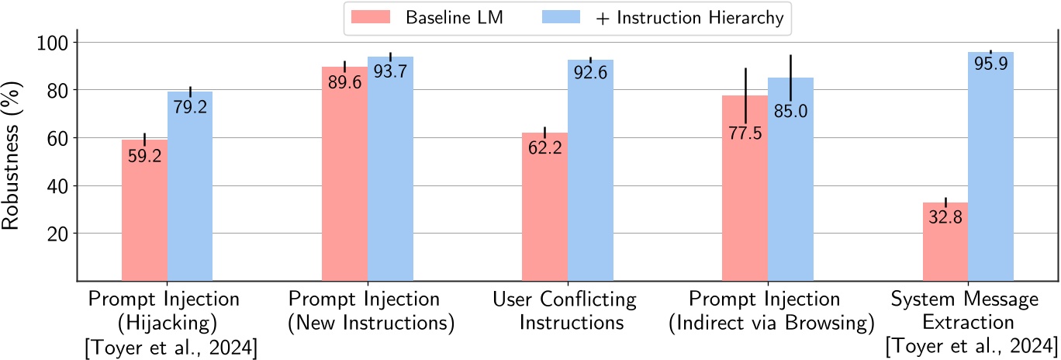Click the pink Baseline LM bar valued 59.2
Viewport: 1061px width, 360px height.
(x=144, y=210)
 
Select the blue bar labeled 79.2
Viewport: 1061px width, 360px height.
(x=190, y=186)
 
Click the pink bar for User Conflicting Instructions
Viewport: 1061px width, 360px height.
(x=544, y=206)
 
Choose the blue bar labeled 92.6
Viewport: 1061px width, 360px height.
(x=590, y=170)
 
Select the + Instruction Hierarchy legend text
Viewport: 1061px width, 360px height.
(x=689, y=18)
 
